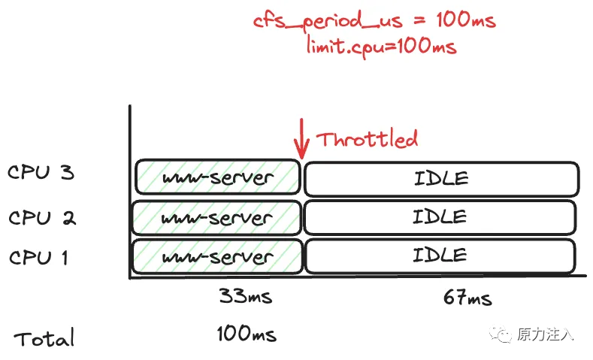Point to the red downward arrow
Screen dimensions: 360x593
(x=301, y=138)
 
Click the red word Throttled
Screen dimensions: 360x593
(x=366, y=139)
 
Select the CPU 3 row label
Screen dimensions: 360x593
(x=41, y=174)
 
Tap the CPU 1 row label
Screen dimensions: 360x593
(x=38, y=258)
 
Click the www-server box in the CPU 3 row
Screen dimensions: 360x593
(x=216, y=177)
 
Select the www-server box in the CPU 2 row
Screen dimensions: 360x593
(x=216, y=217)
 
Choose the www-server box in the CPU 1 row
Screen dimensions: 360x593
(x=216, y=257)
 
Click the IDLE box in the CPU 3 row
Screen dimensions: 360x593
(x=440, y=178)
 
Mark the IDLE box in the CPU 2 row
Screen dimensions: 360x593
(x=440, y=216)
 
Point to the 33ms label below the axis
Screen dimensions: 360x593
(x=245, y=296)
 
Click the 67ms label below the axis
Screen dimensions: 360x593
(x=467, y=298)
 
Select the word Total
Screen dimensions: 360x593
(x=44, y=338)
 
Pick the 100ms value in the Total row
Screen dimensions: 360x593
(x=246, y=333)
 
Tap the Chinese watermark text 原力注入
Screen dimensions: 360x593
(x=544, y=334)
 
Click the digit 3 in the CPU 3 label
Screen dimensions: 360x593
(x=67, y=174)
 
